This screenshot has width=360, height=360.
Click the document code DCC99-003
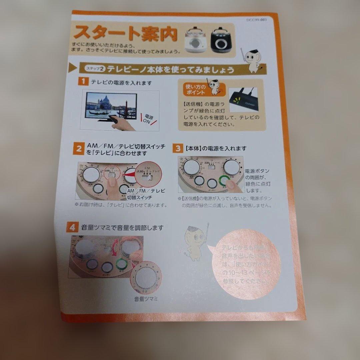[257, 20]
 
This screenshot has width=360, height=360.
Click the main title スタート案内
[126, 33]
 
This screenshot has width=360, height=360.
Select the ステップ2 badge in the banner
[95, 69]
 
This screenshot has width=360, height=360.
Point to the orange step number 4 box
[73, 228]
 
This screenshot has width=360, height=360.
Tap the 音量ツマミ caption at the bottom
[146, 299]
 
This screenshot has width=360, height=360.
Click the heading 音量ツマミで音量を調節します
[122, 228]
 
